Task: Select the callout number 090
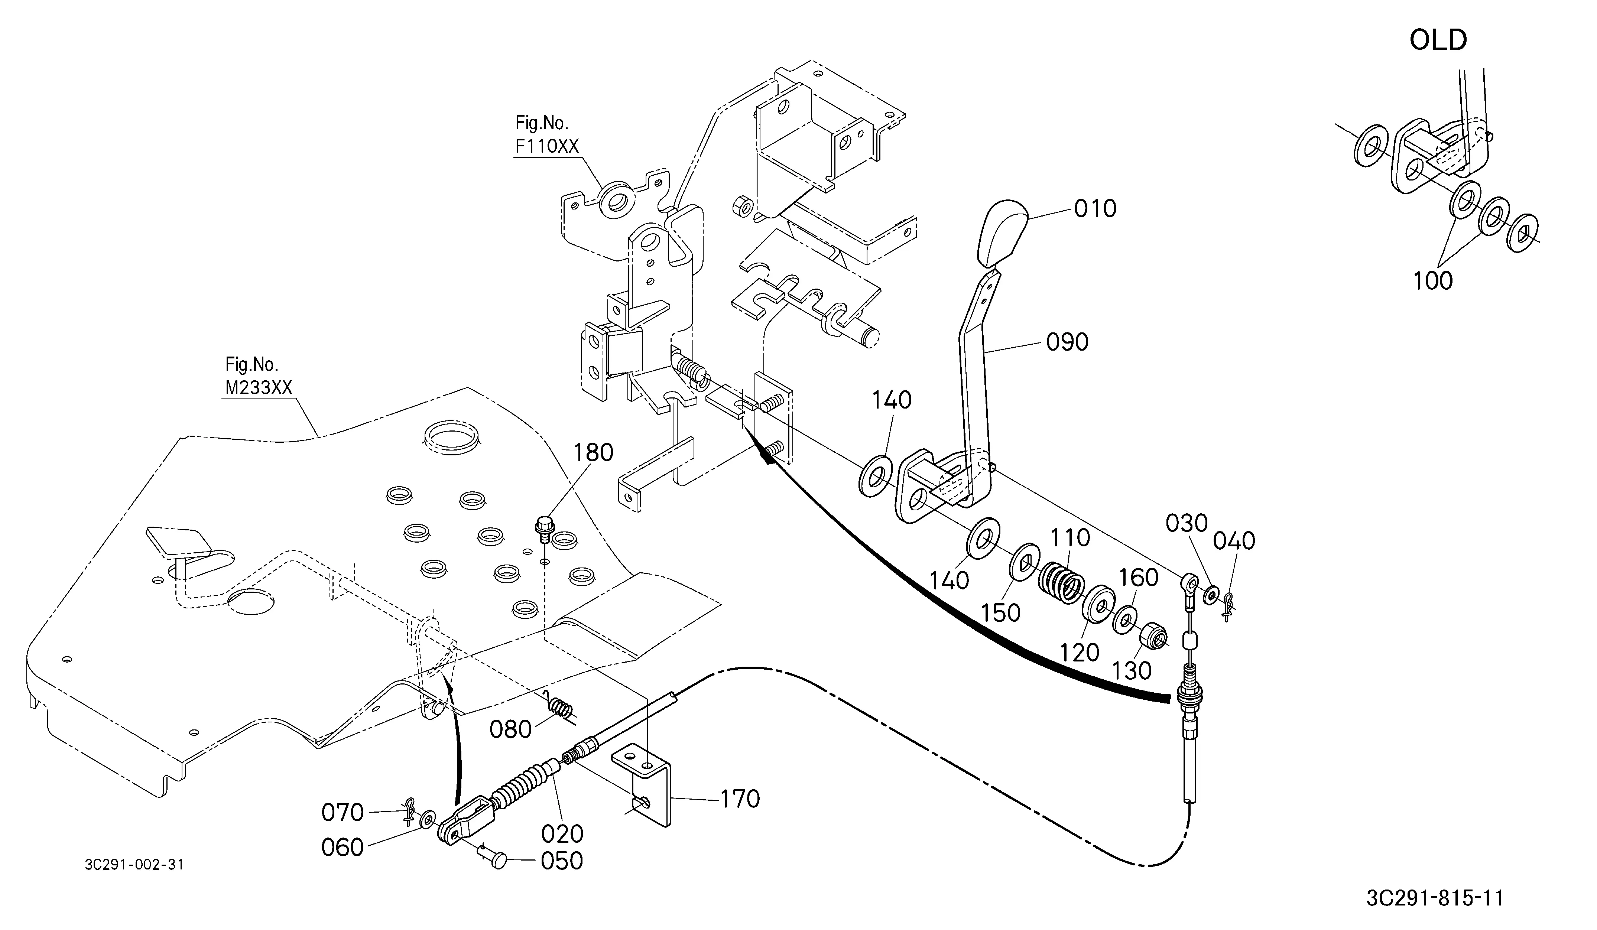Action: coord(1067,342)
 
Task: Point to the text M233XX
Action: coord(259,388)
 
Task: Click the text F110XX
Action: coord(547,146)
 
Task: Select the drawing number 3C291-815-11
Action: coord(1435,898)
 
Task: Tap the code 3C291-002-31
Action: coord(134,865)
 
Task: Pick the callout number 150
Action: coord(1001,612)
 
